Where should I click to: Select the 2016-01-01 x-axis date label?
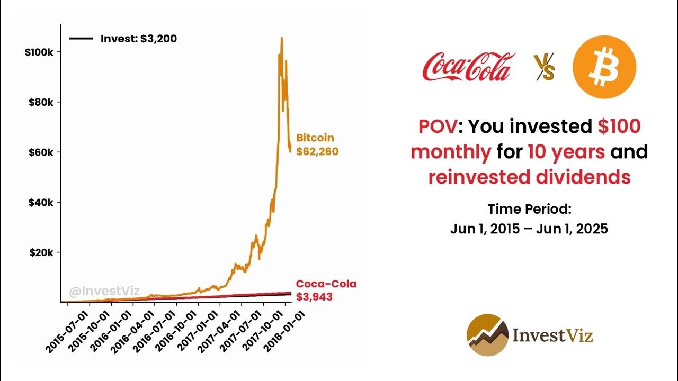point(111,331)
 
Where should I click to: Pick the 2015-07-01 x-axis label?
point(67,331)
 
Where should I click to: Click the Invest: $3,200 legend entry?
point(123,39)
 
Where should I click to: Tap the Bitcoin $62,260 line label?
point(317,145)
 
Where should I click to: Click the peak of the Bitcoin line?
point(281,38)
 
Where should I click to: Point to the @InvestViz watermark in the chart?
point(104,291)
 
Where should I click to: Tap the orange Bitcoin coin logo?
point(604,67)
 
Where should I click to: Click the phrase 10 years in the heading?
point(566,152)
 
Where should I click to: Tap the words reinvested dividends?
point(529,177)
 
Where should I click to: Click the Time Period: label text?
point(529,209)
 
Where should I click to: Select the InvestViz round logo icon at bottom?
point(487,334)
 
